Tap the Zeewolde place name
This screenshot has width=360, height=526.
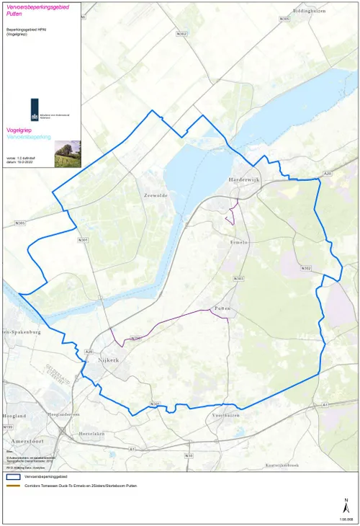point(156,195)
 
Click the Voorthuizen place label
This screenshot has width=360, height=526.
point(230,416)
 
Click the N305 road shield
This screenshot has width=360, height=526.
point(19,223)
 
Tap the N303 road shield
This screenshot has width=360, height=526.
point(239,278)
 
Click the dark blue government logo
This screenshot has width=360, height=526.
point(34,112)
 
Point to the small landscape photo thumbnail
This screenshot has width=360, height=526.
point(67,153)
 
